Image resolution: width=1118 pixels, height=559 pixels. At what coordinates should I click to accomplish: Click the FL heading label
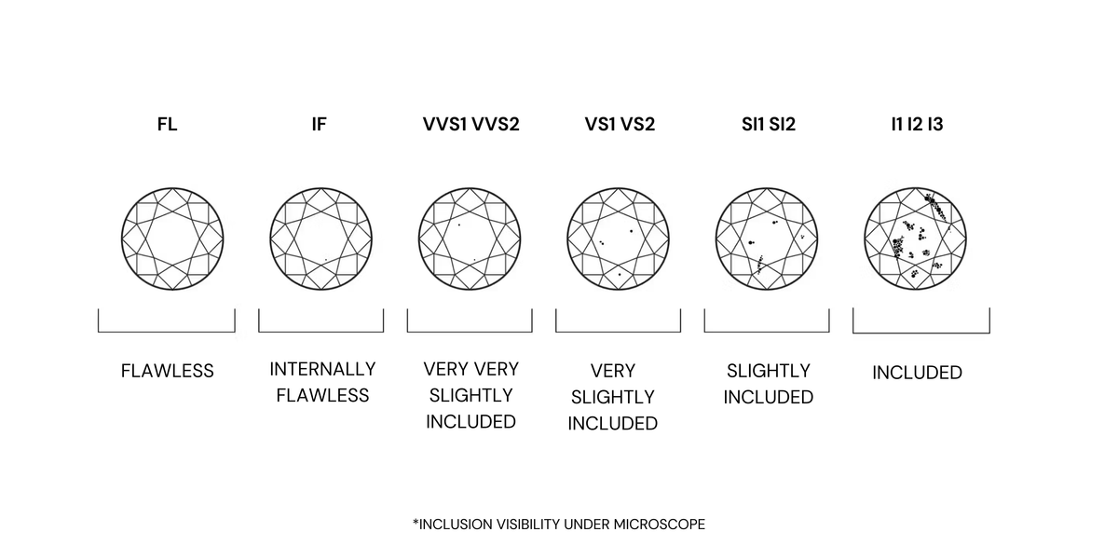click(167, 124)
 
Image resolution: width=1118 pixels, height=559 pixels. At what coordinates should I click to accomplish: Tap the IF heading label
click(319, 124)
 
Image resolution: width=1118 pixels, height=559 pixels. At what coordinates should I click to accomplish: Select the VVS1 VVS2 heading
click(471, 124)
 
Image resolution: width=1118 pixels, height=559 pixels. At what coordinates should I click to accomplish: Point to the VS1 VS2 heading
click(620, 124)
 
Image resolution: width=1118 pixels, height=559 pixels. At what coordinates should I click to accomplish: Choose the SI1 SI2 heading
click(769, 124)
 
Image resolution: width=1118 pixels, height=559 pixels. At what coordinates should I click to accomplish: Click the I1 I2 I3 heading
click(918, 124)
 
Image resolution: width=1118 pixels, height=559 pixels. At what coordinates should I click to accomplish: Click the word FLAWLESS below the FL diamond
click(167, 371)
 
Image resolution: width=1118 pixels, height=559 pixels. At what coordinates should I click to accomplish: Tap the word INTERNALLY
click(322, 369)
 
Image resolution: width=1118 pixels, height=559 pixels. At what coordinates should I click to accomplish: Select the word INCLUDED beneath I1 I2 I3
click(918, 373)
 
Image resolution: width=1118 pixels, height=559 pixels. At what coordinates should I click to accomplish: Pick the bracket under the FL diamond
click(167, 332)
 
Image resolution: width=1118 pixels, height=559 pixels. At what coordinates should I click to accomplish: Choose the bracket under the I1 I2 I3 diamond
click(921, 333)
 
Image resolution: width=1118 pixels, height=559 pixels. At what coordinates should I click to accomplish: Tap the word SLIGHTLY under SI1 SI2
click(769, 371)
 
